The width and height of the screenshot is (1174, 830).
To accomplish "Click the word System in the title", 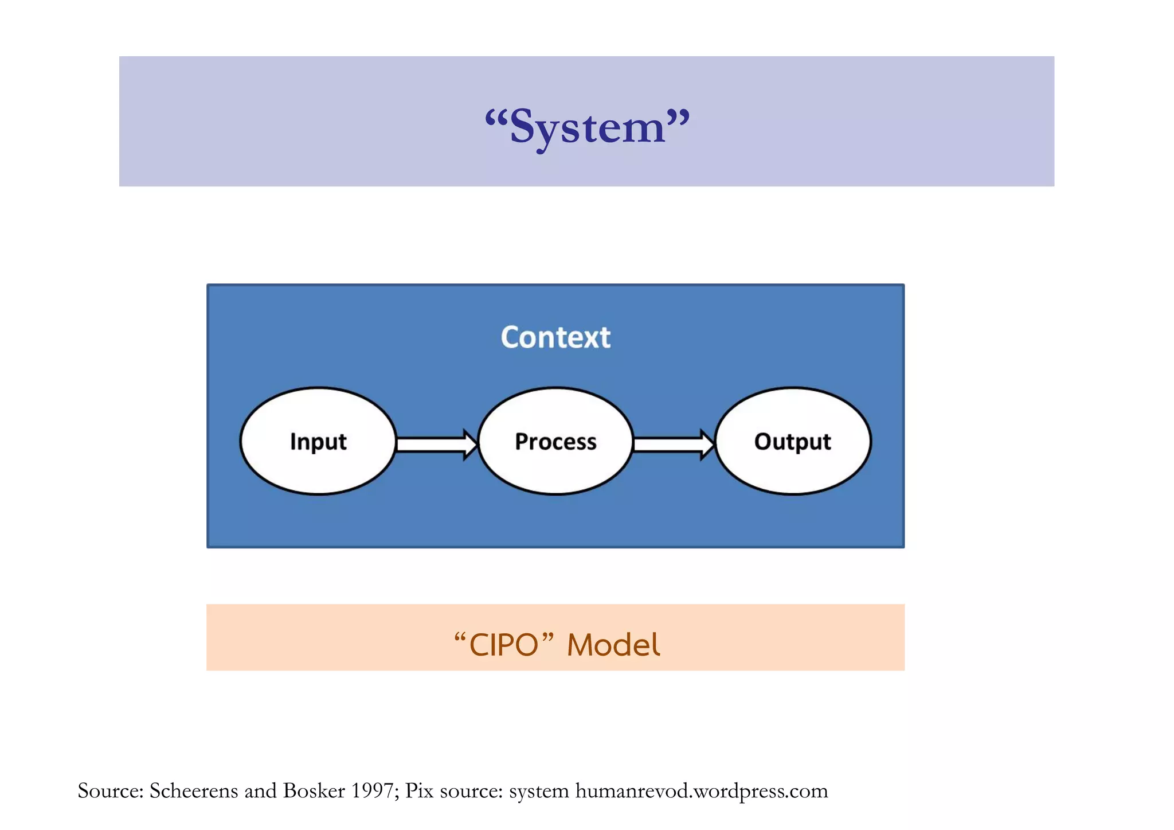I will pos(587,127).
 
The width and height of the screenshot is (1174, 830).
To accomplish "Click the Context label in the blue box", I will pos(555,337).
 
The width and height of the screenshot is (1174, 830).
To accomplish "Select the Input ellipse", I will pos(318,441).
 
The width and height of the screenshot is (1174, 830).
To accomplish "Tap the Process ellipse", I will pos(555,441).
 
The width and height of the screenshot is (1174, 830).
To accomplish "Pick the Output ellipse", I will pos(793,441).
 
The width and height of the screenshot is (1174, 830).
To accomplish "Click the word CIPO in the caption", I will pos(503,645).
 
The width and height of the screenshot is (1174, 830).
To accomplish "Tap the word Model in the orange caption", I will pos(613,645).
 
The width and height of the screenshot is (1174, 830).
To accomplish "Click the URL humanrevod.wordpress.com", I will pos(702,791).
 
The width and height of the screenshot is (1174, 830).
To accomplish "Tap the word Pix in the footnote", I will pos(419,791).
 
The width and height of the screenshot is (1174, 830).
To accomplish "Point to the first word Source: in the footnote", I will pos(110,791).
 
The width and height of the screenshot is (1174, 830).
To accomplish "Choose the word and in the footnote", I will pos(261,791).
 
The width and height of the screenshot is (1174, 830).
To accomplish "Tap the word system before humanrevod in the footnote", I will pos(539,791).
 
